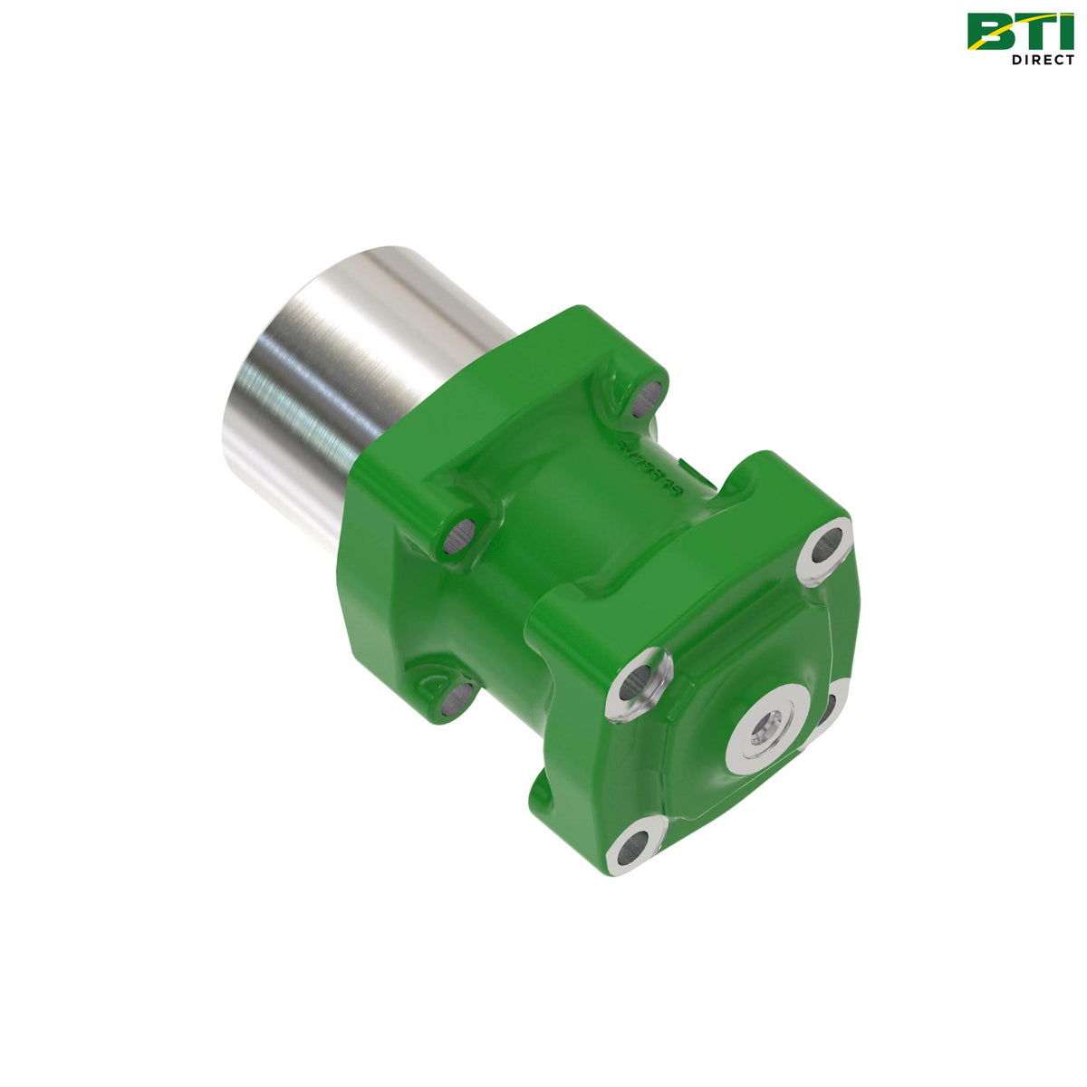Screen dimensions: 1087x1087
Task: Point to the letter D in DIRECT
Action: click(1017, 60)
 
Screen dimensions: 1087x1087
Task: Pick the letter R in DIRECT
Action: click(1034, 60)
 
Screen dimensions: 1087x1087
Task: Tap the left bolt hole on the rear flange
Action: click(458, 537)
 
